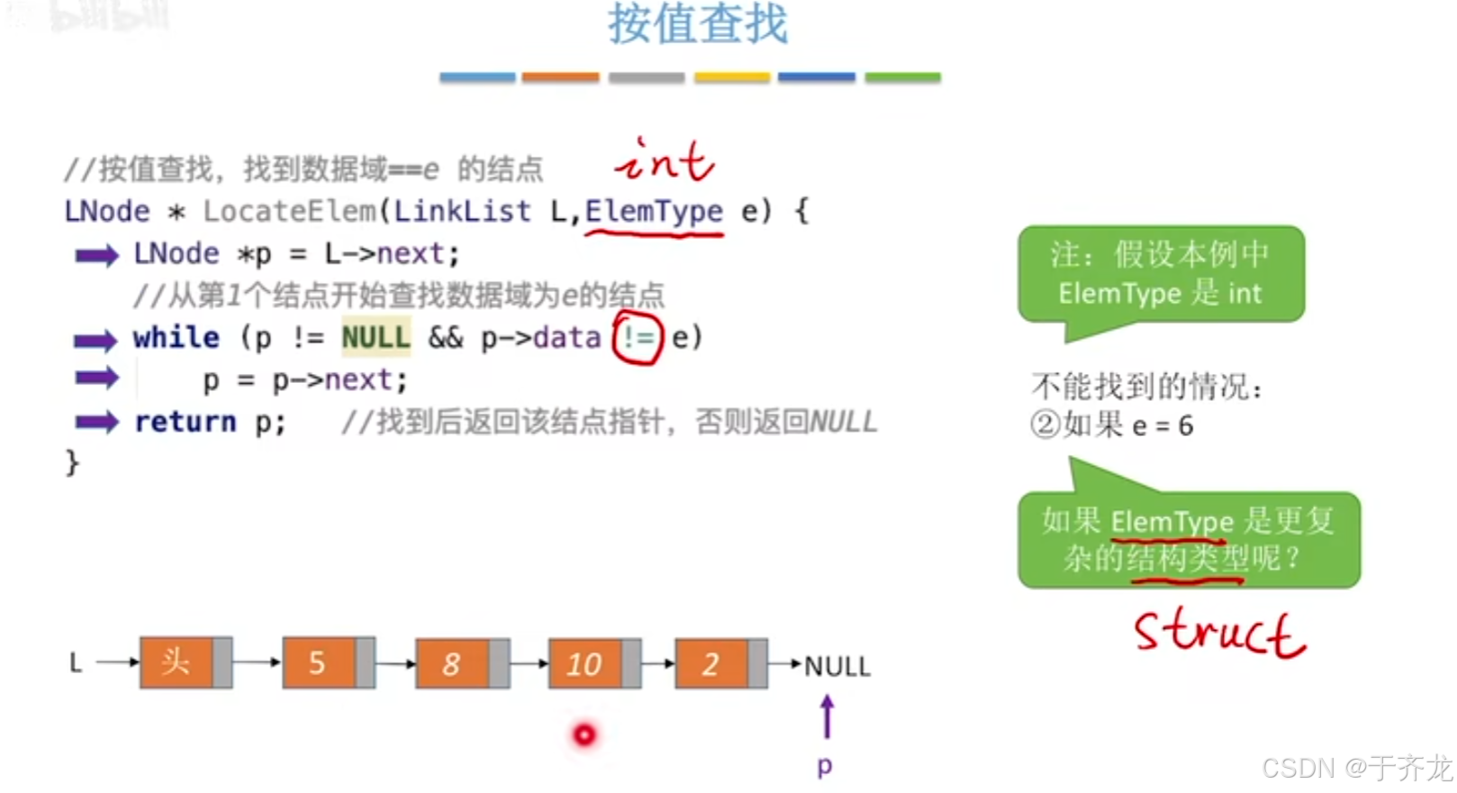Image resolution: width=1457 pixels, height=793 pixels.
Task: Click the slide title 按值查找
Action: coord(697,24)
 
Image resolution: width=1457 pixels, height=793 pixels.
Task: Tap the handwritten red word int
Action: coord(665,161)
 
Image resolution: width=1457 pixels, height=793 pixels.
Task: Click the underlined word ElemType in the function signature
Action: coord(654,212)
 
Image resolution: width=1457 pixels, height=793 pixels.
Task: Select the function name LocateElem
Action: coord(289,212)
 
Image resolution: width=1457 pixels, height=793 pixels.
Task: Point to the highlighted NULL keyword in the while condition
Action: coord(376,338)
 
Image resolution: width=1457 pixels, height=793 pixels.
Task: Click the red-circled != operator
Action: coord(638,338)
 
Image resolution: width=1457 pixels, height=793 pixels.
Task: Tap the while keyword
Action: coord(176,338)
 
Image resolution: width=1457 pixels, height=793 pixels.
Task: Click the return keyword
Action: coord(186,422)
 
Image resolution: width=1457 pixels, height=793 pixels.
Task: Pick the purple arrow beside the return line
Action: coord(96,422)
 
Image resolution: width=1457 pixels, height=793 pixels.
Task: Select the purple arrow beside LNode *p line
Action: coord(96,256)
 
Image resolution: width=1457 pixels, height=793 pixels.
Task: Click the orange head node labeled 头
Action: coord(176,663)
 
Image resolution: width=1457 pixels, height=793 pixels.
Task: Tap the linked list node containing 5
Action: coord(318,663)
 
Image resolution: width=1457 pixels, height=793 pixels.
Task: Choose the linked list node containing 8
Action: coord(452,664)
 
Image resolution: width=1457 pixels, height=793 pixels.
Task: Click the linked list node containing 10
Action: coord(584,664)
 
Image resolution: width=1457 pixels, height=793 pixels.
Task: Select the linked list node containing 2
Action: coord(710,664)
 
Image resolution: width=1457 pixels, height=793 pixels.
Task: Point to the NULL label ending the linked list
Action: coord(837,667)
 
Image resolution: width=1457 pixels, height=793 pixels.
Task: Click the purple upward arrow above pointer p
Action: coord(827,717)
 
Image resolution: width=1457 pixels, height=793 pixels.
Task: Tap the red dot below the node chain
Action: coord(584,735)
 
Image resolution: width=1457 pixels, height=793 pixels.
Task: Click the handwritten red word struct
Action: coord(1218,633)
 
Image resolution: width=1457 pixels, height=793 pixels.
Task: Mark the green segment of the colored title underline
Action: coord(902,77)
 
